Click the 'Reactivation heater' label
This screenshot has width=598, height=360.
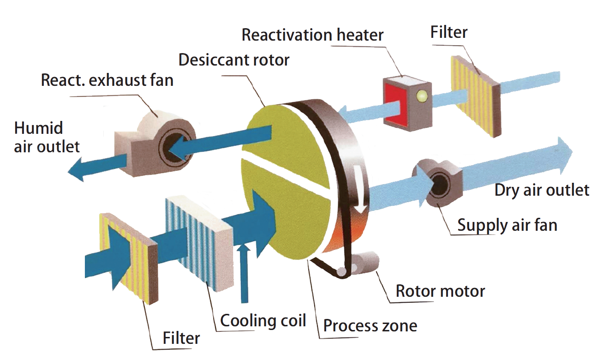[x=312, y=36]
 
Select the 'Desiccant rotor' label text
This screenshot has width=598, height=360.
[x=234, y=60]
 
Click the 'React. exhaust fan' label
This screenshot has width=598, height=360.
[x=107, y=80]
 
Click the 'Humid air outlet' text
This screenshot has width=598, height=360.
[x=46, y=137]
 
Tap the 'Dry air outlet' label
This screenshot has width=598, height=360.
[x=542, y=190]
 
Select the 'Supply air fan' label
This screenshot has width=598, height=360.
[x=507, y=225]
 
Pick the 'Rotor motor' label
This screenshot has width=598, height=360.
[x=441, y=291]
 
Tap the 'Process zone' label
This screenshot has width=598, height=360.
[x=370, y=326]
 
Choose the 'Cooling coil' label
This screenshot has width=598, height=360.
[x=263, y=320]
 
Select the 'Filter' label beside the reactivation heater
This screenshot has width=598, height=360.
[x=448, y=32]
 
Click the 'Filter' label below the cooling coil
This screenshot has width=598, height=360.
[x=181, y=338]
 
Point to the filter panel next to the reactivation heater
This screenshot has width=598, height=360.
[x=475, y=96]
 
